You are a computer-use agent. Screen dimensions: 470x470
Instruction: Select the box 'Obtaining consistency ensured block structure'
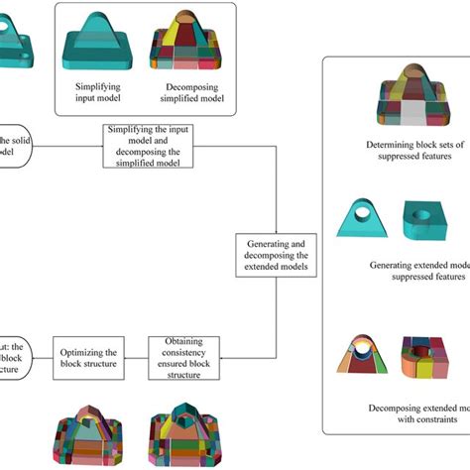[183, 357]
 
